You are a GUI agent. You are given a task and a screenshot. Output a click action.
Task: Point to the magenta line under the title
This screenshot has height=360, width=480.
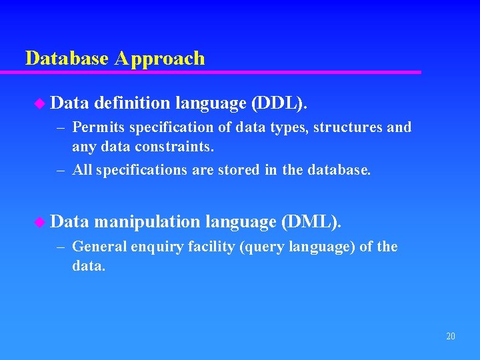[x=220, y=72]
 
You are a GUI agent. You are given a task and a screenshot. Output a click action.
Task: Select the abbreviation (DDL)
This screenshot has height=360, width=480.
[x=279, y=103]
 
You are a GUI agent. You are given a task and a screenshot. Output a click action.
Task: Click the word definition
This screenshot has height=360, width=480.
[x=131, y=103]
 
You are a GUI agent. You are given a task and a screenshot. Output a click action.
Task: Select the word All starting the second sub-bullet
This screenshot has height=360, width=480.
[x=82, y=170]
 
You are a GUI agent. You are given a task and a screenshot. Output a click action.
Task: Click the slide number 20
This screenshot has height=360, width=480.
[x=451, y=337]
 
